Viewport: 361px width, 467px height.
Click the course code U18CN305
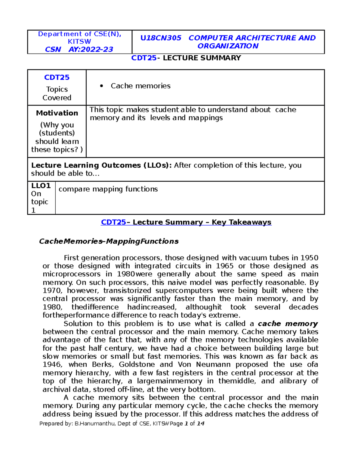coord(161,38)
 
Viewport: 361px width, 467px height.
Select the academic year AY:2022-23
coord(91,49)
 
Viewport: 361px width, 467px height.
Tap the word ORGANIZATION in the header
coord(228,46)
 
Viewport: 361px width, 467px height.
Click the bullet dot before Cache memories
coord(102,86)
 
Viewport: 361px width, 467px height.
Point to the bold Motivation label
coord(57,113)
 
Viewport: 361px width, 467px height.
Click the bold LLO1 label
coord(41,186)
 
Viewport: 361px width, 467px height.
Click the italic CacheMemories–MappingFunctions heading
coord(109,241)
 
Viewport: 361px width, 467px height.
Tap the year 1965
coord(224,266)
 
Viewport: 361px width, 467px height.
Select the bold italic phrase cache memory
coord(288,324)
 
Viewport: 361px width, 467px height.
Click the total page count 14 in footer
coord(200,423)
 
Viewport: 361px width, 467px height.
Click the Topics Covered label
coord(57,94)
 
